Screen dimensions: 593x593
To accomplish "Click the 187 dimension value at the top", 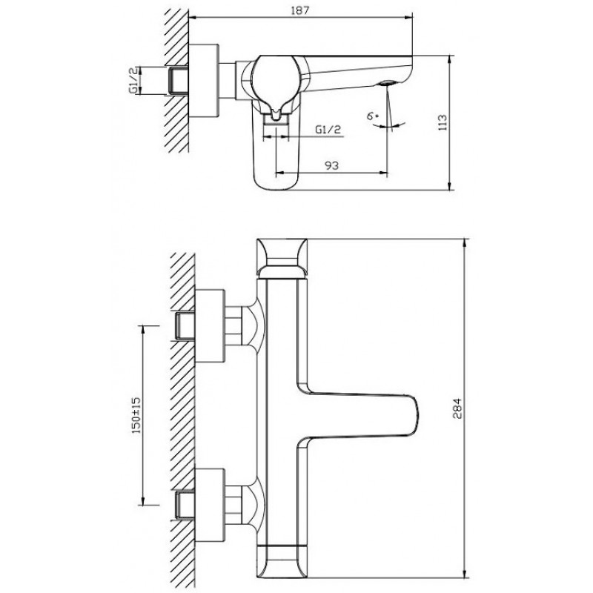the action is point(300,10).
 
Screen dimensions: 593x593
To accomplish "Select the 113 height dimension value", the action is point(442,122).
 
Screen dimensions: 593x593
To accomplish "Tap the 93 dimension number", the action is point(331,165).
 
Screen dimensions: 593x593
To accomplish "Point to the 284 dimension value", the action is point(457,408).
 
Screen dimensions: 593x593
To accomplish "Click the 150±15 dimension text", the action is point(136,415).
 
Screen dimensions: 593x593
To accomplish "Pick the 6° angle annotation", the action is point(373,116).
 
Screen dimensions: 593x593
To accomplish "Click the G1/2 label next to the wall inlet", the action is point(133,81).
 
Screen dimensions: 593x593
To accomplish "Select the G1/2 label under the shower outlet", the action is point(328,130).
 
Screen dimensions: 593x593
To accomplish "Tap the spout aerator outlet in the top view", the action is point(386,83).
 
